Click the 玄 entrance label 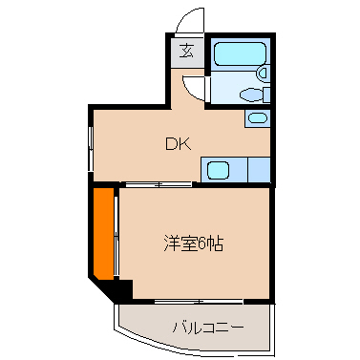[186, 52]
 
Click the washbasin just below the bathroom [257, 117]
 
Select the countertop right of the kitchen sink [259, 170]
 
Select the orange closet [102, 233]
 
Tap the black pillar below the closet [120, 287]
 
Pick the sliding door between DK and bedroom [158, 183]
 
